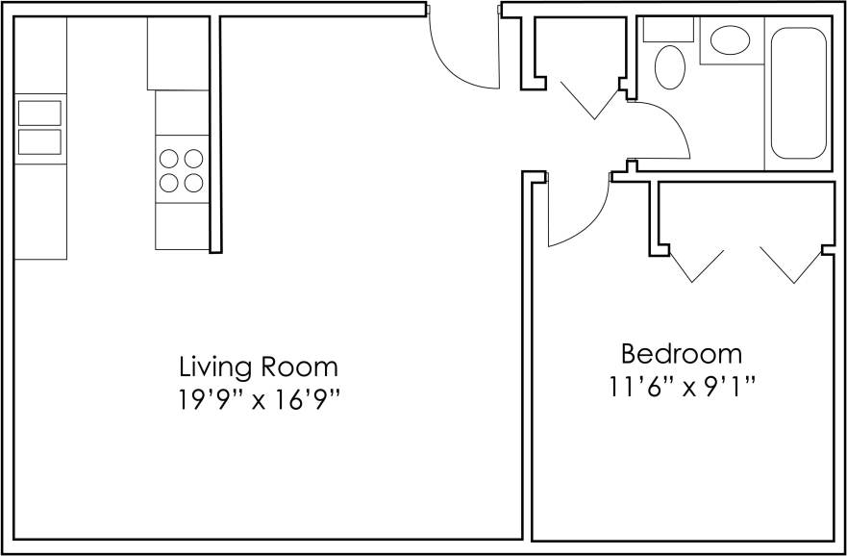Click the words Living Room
point(259,366)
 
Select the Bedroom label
point(681,353)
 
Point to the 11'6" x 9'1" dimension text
point(681,387)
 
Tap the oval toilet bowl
point(670,68)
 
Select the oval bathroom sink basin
point(730,41)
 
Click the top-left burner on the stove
point(169,158)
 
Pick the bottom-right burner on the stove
point(193,182)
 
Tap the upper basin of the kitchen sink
point(39,113)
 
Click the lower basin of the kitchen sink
point(39,141)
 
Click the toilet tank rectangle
point(660,29)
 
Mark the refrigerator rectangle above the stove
point(178,54)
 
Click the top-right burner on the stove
point(193,158)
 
